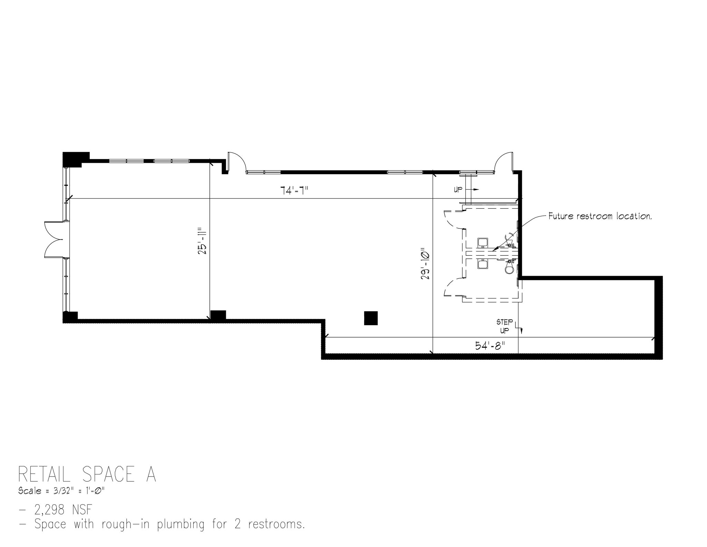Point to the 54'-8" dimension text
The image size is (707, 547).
point(490,346)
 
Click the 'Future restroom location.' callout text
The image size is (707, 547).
point(600,216)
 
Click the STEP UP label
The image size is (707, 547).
point(505,326)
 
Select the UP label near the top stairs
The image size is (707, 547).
point(458,189)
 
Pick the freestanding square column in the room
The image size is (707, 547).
point(371,318)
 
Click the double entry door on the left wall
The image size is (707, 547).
point(55,240)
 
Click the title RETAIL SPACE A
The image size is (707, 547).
point(87,474)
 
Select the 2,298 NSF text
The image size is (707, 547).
point(64,509)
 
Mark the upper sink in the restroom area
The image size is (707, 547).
point(482,243)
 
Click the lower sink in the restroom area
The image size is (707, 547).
point(482,264)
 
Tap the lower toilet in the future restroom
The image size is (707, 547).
point(509,267)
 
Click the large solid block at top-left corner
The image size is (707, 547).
point(76,159)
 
